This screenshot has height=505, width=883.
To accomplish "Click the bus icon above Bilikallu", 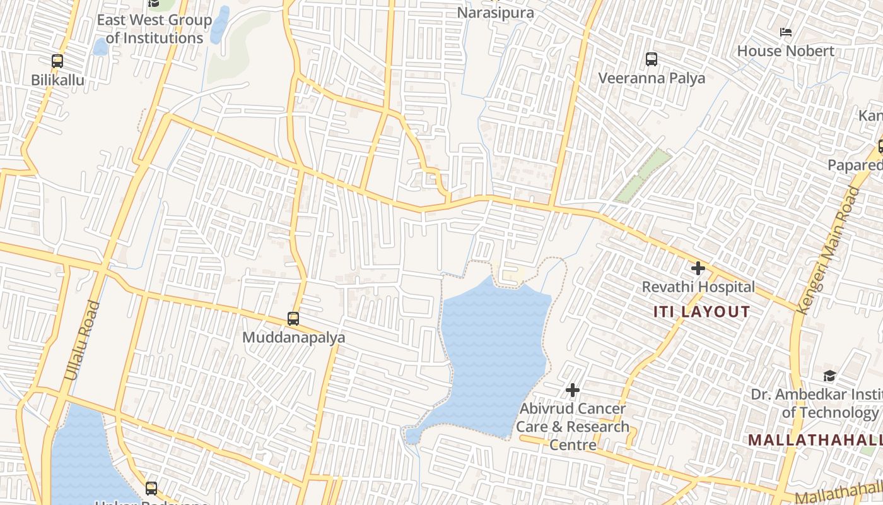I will [x=57, y=61].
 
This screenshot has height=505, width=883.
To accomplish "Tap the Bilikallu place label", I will [x=57, y=80].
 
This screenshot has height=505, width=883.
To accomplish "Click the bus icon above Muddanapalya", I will [x=293, y=319].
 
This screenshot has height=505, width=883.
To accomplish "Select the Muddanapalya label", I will [x=294, y=338].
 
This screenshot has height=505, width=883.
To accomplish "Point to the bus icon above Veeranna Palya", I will [x=652, y=59].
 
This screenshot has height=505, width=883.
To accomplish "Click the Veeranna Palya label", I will [x=652, y=78].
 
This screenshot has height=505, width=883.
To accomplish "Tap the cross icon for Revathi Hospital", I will [x=698, y=268].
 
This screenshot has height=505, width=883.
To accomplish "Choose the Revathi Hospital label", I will [x=698, y=287].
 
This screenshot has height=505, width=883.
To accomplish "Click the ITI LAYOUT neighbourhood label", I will [x=701, y=312].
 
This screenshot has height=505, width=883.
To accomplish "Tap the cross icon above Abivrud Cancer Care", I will [x=573, y=391].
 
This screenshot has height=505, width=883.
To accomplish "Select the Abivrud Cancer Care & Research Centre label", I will [x=573, y=427].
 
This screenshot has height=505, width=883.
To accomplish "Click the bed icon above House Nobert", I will [x=786, y=32].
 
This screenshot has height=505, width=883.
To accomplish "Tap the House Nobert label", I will [x=786, y=51].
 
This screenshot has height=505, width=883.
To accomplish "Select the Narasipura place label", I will [x=495, y=13].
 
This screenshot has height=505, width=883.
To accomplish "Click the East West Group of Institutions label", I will [x=155, y=29].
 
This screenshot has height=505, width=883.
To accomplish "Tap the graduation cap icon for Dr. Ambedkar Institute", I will [x=829, y=376].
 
